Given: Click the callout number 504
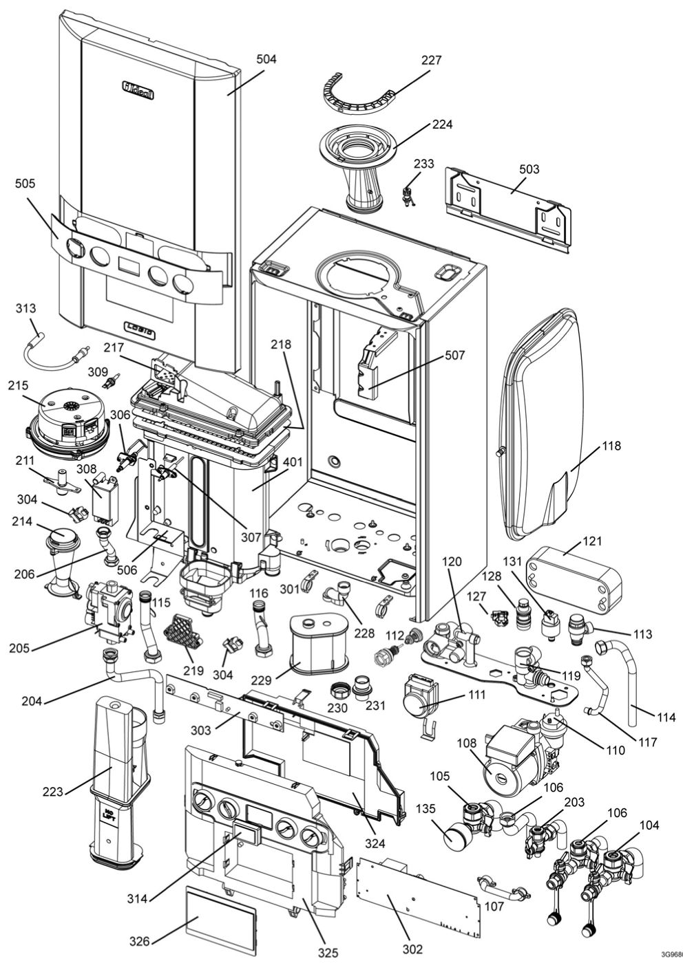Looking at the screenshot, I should [x=266, y=59].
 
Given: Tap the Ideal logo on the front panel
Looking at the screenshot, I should [x=138, y=90].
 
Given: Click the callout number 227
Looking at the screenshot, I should [x=431, y=60].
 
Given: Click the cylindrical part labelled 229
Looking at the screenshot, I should [x=317, y=647].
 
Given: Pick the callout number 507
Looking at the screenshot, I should [x=454, y=355].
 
